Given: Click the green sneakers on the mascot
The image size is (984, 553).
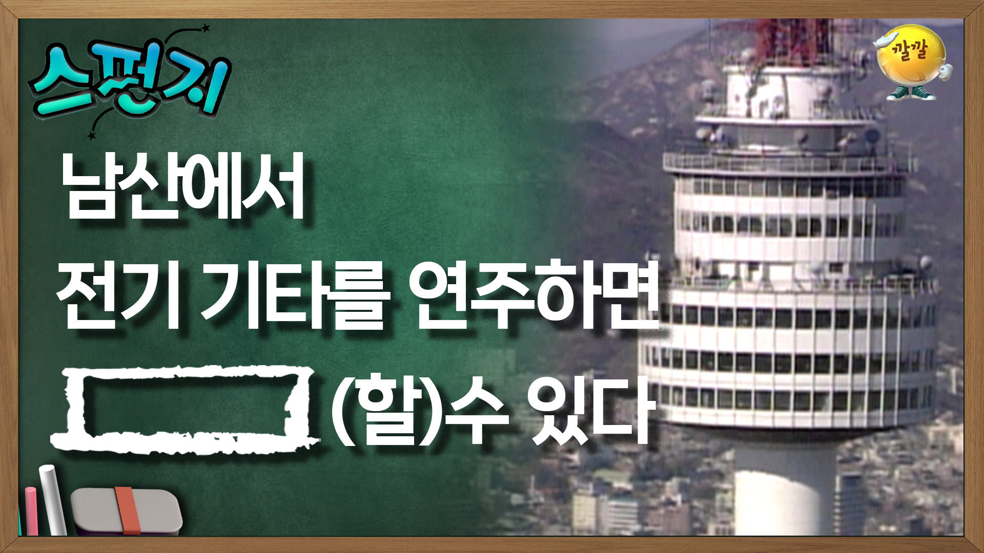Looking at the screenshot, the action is [911, 93].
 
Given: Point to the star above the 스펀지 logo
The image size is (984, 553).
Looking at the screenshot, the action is [206, 27].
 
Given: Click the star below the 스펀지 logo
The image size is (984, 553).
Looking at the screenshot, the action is [92, 136].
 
